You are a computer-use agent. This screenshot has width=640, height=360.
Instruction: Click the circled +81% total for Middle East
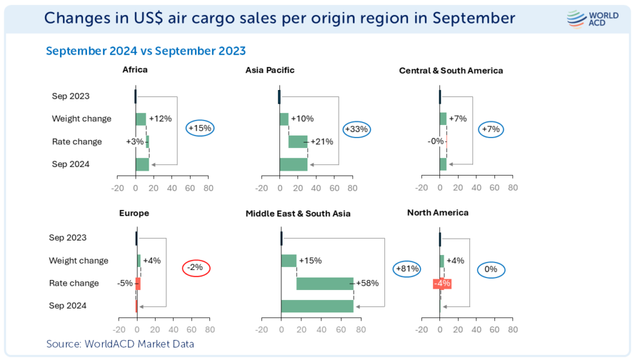[x=406, y=269]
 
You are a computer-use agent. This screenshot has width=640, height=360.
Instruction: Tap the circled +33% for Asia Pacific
[x=357, y=129]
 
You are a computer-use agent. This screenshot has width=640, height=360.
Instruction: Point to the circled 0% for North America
[x=491, y=270]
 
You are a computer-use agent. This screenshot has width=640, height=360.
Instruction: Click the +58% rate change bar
[x=325, y=283]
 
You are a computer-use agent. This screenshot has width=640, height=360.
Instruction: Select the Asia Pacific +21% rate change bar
[x=298, y=142]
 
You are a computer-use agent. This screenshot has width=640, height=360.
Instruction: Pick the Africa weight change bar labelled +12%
[x=141, y=119]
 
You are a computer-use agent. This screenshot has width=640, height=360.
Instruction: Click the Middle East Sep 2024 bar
[x=317, y=306]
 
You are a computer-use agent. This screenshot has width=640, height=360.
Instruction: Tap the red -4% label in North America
[x=442, y=283]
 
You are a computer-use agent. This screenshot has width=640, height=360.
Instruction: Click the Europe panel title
[x=134, y=213]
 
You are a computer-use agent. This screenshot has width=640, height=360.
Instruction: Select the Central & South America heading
[x=451, y=71]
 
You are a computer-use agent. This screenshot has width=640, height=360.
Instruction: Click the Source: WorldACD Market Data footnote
[x=120, y=344]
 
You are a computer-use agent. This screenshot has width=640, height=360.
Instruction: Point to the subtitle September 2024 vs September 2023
[x=146, y=51]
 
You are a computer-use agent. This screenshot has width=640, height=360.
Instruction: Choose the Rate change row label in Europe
[x=74, y=283]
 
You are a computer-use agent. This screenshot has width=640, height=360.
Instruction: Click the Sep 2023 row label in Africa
[x=71, y=96]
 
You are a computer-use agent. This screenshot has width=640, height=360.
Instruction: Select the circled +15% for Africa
[x=200, y=128]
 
